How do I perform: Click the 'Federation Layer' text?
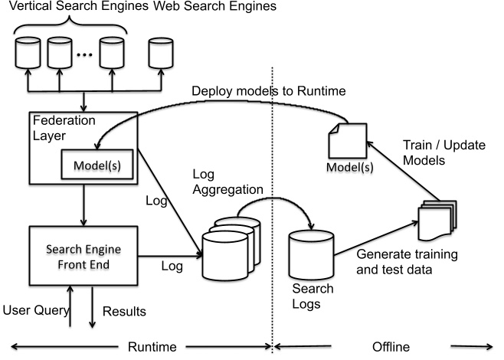[x=57, y=126]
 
